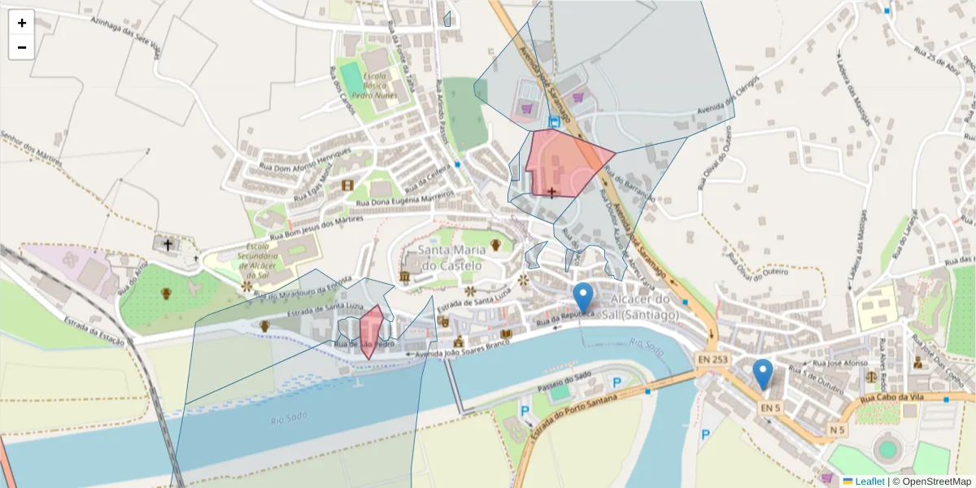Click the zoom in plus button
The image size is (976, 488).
click(x=22, y=23)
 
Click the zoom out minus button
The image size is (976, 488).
click(x=22, y=47)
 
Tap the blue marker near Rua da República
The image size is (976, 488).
click(x=582, y=298)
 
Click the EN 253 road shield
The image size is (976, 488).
click(x=713, y=359)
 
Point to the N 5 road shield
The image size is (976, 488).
click(x=838, y=429)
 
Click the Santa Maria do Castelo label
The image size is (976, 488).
click(x=450, y=258)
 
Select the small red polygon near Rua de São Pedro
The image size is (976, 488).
click(x=371, y=329)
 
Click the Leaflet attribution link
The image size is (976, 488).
click(x=869, y=481)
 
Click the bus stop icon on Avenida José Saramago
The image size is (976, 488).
click(x=554, y=122)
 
